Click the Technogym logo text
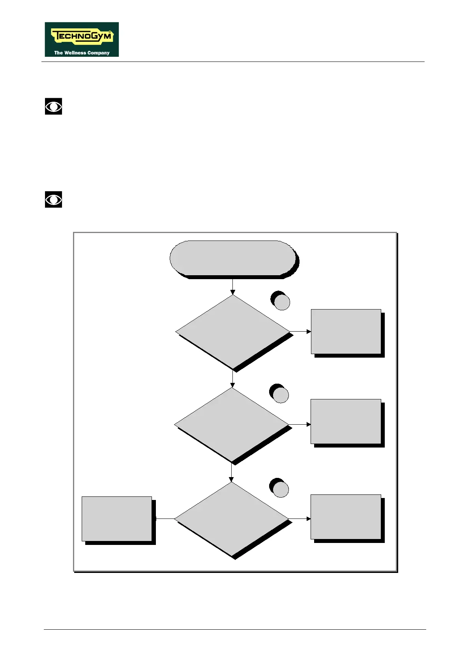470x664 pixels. click(82, 37)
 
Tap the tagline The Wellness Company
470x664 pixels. click(82, 52)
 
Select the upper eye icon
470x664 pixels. click(53, 106)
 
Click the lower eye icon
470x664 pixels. click(53, 200)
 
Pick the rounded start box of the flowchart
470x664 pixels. click(233, 258)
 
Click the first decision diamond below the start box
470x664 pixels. click(233, 332)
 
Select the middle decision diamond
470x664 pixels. click(232, 425)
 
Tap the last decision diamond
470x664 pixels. click(232, 519)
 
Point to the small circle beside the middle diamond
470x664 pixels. click(281, 395)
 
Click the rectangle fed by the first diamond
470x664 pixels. click(346, 332)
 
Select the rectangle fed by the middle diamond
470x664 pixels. click(346, 422)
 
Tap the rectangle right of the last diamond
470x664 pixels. click(346, 517)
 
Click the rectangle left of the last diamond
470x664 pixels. click(117, 519)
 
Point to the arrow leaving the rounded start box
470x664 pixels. click(233, 287)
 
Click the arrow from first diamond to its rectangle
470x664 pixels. click(301, 332)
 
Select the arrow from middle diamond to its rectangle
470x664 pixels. click(300, 425)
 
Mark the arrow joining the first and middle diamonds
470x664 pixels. click(233, 379)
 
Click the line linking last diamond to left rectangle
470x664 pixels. click(165, 519)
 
